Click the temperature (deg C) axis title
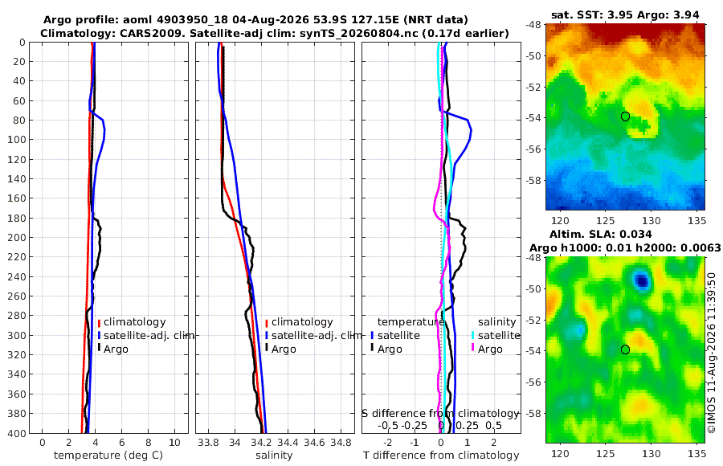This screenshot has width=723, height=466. coord(108,456)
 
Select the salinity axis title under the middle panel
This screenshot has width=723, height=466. coord(274,456)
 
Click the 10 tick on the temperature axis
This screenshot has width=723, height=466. coord(175,443)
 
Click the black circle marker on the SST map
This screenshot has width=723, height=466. coord(625,117)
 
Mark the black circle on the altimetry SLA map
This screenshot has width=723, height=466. coord(625,349)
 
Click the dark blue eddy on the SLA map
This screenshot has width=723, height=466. coord(642,280)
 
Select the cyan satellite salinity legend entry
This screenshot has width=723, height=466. coord(496,335)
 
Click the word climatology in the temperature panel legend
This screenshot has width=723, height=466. coord(134,322)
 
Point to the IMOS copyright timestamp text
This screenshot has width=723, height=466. coord(712,353)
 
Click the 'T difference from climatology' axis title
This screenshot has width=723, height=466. coord(441,456)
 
